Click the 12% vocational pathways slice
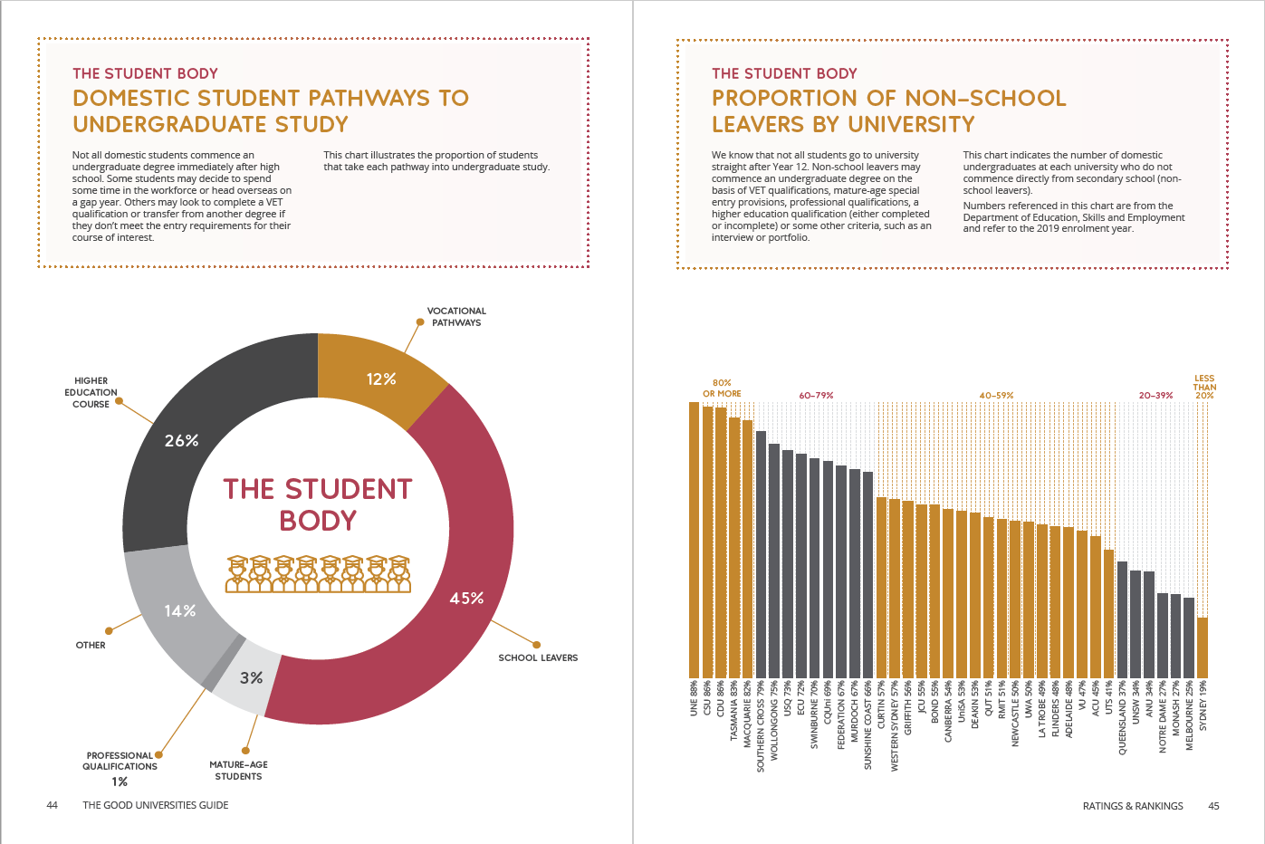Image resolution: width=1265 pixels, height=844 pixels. point(379,379)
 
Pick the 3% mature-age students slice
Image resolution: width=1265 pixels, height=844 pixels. point(248,678)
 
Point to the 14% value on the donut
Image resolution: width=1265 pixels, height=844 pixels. point(180,610)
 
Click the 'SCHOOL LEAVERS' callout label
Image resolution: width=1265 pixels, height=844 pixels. point(538,657)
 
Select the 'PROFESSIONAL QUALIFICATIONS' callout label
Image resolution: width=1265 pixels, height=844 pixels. point(120,761)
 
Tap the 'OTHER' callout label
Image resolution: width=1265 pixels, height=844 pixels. point(91,645)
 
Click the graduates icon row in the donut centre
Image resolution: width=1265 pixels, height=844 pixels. point(318,574)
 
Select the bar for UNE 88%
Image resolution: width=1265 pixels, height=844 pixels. point(694,540)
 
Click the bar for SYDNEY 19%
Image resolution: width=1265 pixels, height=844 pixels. point(1203,648)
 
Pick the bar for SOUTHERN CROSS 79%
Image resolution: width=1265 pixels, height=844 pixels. point(761,555)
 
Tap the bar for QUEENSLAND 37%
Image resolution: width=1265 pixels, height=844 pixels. point(1122,619)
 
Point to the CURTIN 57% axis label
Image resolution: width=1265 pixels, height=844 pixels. point(882,705)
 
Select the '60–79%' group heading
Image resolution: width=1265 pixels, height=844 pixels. point(816,396)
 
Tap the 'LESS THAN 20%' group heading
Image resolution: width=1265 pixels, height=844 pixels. point(1204,387)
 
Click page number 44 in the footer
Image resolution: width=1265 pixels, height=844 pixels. point(52,805)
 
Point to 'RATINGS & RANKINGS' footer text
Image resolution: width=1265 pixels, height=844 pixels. point(1132,806)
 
